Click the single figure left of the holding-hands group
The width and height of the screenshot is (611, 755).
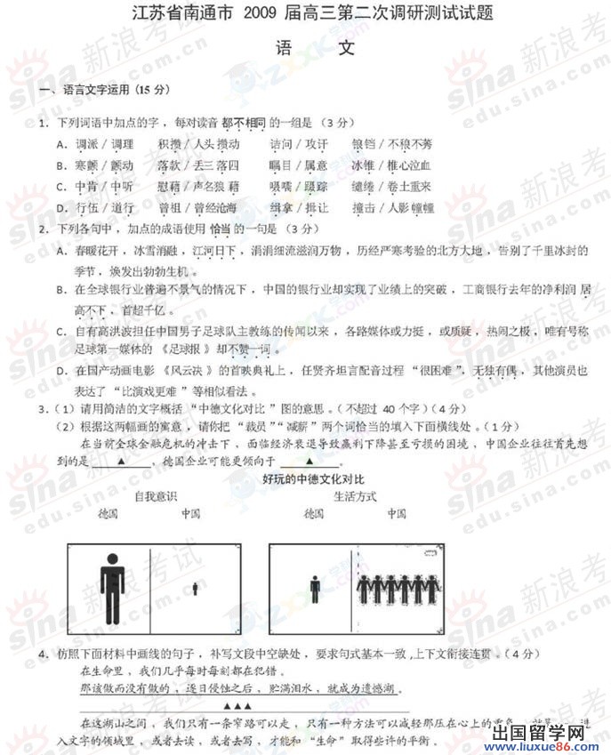tap(315, 588)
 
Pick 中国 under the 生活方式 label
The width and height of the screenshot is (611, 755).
tap(396, 514)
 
